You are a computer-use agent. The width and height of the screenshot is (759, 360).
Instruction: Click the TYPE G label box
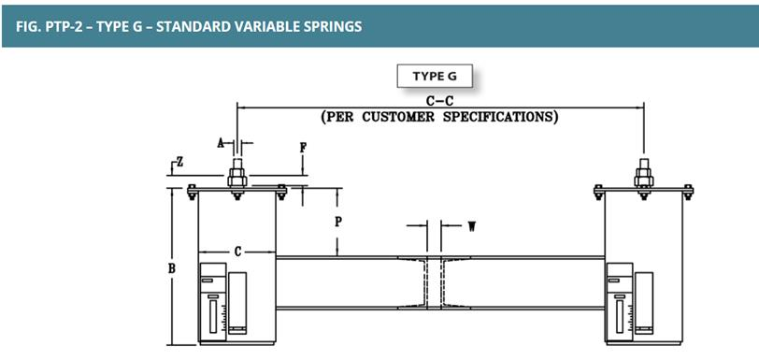(435, 76)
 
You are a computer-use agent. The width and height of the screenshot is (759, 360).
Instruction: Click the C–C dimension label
(439, 102)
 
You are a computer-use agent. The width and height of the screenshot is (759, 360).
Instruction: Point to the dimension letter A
(221, 143)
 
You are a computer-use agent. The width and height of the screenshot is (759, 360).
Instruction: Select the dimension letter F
(303, 149)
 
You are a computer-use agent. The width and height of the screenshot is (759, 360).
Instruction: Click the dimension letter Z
(179, 163)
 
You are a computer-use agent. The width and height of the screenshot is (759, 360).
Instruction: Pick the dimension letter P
(338, 222)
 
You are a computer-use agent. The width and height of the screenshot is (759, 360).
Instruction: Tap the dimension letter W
(470, 225)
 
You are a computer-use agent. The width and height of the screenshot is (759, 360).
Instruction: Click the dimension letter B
(171, 268)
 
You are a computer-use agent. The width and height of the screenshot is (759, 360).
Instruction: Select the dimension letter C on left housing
(237, 252)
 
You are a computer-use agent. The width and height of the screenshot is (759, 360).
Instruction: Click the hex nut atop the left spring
(237, 177)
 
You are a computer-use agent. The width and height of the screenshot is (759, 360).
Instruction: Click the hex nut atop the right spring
(644, 177)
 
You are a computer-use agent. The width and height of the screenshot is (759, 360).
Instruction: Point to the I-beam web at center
(434, 283)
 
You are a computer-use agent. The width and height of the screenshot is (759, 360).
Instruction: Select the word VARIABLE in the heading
(267, 26)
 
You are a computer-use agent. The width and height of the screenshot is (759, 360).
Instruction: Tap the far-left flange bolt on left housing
(193, 193)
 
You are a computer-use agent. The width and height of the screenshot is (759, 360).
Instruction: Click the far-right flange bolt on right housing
(688, 193)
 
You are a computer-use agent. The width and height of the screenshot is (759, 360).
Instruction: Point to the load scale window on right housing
(620, 317)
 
